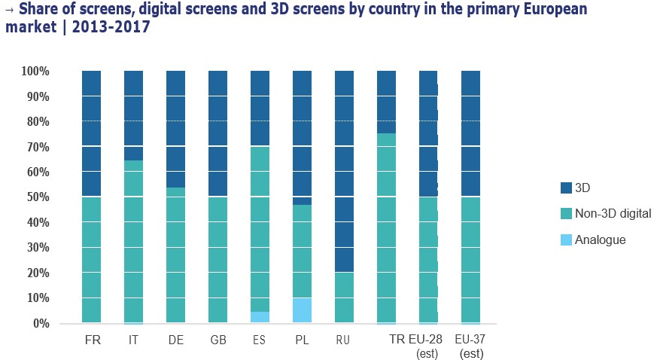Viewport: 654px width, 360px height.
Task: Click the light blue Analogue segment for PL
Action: click(302, 310)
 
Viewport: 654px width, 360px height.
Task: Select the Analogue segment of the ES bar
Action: click(260, 317)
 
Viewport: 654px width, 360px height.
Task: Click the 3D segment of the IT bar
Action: click(133, 115)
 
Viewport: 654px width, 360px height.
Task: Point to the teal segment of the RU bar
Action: click(344, 297)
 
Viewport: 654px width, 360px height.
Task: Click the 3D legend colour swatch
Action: click(560, 188)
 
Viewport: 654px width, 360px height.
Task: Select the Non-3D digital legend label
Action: click(613, 214)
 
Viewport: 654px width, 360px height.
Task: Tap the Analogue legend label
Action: click(600, 239)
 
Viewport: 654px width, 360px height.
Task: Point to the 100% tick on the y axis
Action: click(35, 72)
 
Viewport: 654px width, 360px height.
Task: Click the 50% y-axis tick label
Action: click(38, 197)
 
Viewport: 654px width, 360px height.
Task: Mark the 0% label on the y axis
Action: click(41, 323)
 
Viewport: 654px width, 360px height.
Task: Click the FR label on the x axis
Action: click(93, 340)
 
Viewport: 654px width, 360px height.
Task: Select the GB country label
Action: click(218, 340)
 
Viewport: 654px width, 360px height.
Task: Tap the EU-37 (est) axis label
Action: click(470, 346)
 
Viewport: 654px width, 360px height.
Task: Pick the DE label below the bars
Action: click(176, 340)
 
